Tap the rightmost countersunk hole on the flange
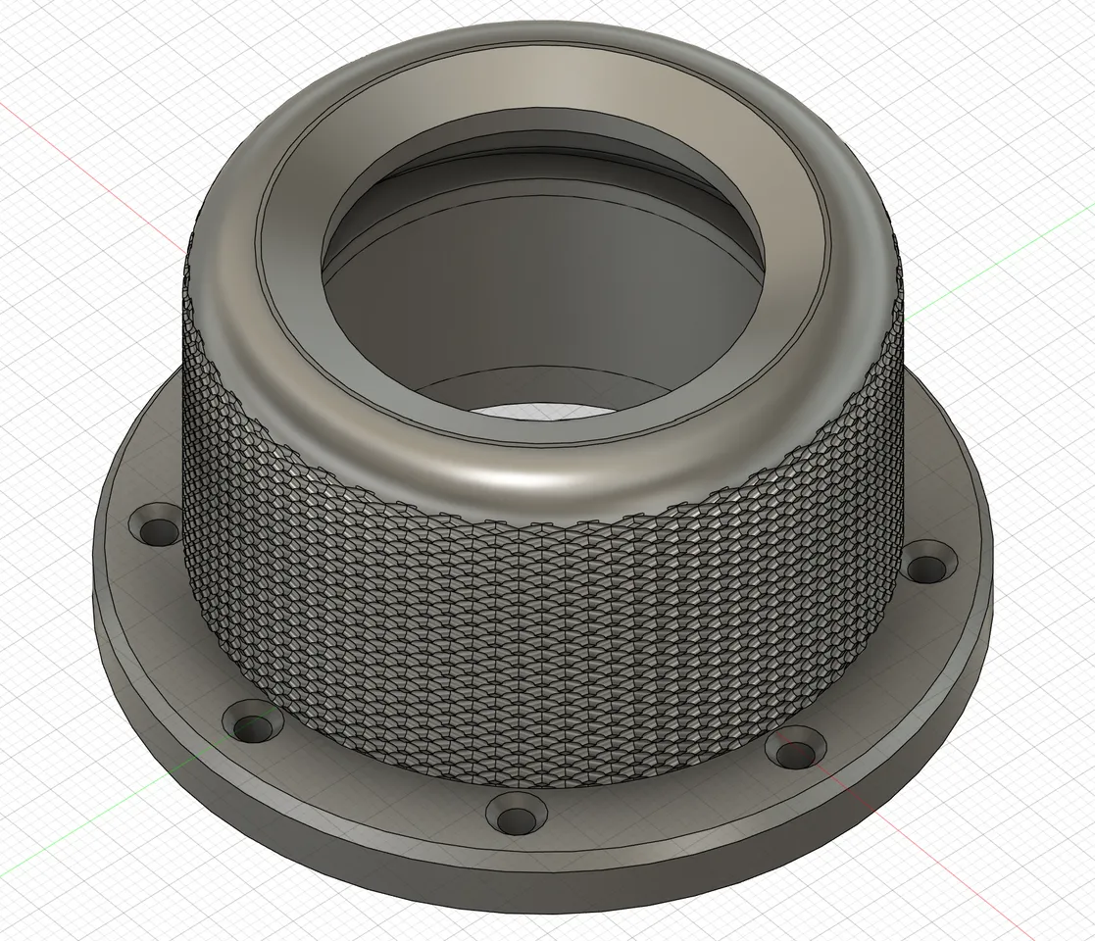(926, 567)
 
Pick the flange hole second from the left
(254, 726)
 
